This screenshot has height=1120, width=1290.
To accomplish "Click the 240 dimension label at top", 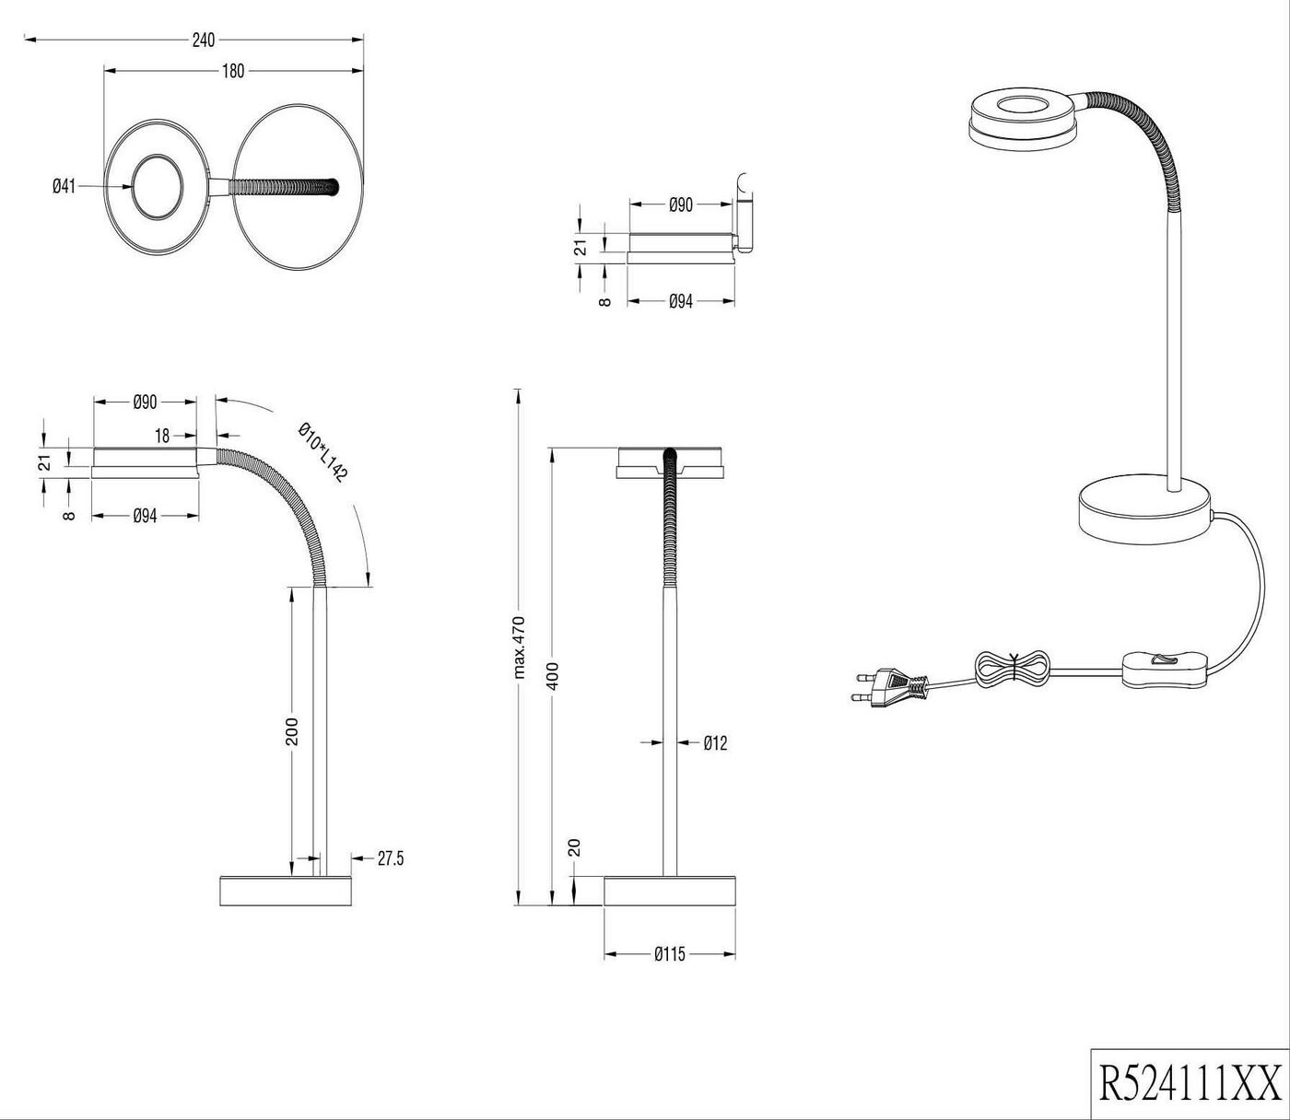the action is click(203, 40).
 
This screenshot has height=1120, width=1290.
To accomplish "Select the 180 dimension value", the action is click(233, 71).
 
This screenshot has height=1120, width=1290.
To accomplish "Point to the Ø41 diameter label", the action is click(63, 186).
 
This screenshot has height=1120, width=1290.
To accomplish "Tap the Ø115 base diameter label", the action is click(670, 954).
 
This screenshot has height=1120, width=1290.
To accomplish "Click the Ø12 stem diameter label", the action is click(715, 742).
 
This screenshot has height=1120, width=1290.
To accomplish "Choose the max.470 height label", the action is click(519, 647).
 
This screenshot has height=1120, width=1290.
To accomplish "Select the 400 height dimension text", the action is click(553, 676).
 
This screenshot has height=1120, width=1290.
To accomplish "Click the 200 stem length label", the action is click(293, 731).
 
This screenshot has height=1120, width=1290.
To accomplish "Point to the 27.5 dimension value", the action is click(391, 859).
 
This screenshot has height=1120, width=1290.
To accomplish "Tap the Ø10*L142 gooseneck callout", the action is click(322, 452).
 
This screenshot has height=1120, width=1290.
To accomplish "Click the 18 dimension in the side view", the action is click(162, 437).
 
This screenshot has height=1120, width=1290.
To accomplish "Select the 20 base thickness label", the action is click(574, 847).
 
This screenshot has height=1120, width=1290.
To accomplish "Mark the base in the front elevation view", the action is click(670, 891).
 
